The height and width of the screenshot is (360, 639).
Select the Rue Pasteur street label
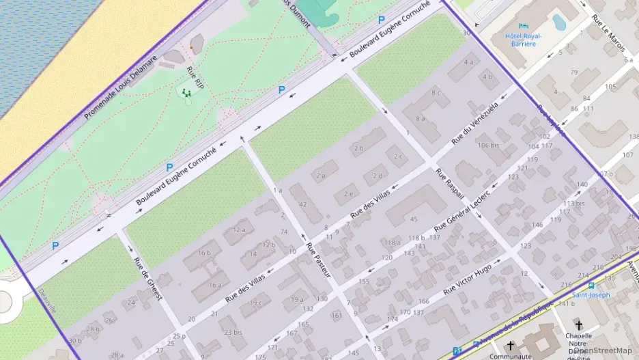[318, 260]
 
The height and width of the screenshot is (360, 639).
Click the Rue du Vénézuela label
[476, 124]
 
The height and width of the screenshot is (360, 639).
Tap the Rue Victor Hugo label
[467, 279]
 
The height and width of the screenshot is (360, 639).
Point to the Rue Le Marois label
[608, 28]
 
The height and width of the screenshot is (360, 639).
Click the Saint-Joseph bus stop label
[591, 295]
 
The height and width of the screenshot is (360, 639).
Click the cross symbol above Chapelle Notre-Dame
[579, 325]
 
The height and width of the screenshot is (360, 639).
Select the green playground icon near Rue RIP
[186, 92]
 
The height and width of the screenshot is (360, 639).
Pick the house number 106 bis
[489, 146]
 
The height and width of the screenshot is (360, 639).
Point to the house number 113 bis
[573, 203]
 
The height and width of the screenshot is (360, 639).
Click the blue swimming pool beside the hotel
[559, 23]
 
